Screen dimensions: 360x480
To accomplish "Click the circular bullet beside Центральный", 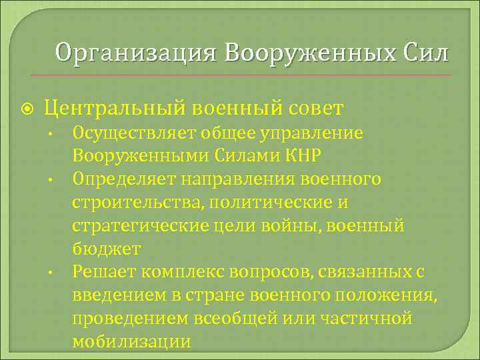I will (x=27, y=107).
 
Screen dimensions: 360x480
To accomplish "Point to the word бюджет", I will (x=107, y=249).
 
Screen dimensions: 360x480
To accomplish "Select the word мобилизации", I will (x=131, y=342).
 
